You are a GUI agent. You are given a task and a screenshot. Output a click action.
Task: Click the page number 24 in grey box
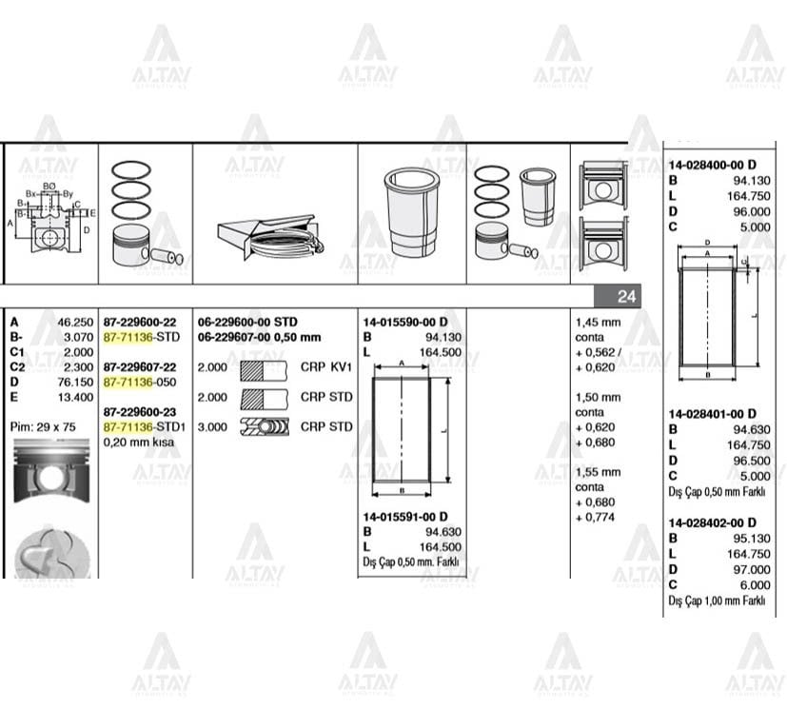[x=625, y=297]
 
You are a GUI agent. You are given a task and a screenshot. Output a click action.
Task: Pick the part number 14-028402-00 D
[x=712, y=522]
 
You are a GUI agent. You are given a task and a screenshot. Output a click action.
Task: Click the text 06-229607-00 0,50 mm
[x=259, y=337]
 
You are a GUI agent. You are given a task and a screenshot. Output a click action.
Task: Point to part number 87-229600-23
[x=139, y=411]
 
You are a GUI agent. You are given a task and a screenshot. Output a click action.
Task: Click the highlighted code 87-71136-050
[x=141, y=382]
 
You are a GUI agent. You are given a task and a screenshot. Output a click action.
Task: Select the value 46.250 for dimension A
[x=75, y=323]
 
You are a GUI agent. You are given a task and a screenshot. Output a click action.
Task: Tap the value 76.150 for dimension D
[x=75, y=382]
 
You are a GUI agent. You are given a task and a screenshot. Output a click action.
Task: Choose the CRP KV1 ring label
[x=325, y=367]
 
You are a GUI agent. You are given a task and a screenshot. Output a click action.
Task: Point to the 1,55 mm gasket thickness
[x=598, y=472]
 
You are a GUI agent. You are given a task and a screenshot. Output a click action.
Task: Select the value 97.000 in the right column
[x=751, y=569]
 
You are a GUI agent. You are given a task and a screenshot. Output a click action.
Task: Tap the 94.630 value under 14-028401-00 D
[x=751, y=429]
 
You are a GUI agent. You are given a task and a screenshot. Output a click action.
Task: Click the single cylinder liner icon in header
[x=412, y=211]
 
